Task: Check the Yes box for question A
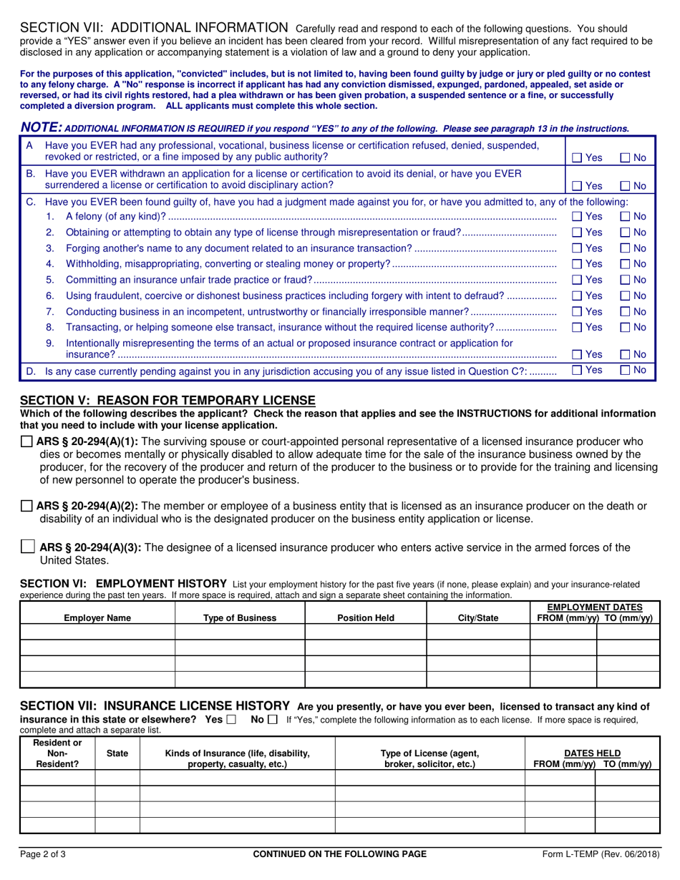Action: [x=577, y=157]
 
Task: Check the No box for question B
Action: [x=624, y=186]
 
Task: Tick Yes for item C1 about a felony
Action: [x=577, y=216]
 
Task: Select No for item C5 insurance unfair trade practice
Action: [x=624, y=280]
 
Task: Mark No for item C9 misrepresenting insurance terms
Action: [x=624, y=354]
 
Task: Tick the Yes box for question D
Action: [x=577, y=371]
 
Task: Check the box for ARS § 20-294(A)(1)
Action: [x=26, y=441]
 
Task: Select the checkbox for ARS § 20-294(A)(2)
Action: [x=26, y=507]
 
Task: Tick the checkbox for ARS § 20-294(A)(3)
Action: [x=27, y=547]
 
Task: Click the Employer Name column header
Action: [x=97, y=618]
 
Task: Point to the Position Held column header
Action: [x=365, y=618]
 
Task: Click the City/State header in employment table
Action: [x=477, y=618]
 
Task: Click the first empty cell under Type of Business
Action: [x=240, y=631]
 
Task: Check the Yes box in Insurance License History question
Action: [x=230, y=720]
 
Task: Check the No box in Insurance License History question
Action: [x=273, y=720]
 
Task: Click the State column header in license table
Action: [x=117, y=753]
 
